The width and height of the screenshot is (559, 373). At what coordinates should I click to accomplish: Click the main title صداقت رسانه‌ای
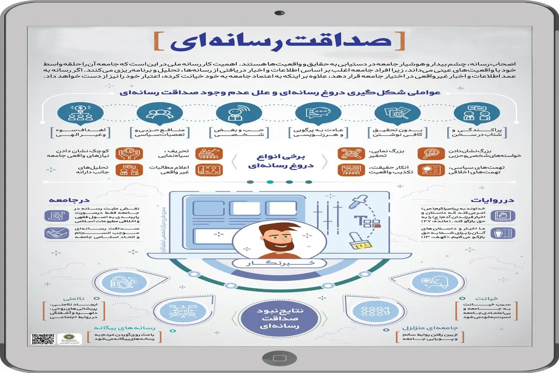click(279, 41)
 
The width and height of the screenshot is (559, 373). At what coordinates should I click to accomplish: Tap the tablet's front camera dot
click(279, 12)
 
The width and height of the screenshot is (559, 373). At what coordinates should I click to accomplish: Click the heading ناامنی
click(65, 298)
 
